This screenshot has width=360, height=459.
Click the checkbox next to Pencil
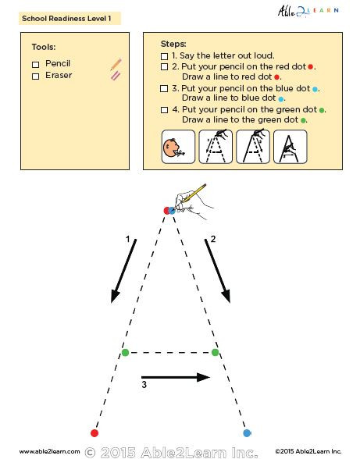pos(36,63)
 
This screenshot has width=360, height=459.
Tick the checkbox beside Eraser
pos(36,76)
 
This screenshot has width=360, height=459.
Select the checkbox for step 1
pos(164,56)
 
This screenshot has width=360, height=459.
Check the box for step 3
pos(164,89)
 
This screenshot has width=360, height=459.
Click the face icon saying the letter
pos(177,146)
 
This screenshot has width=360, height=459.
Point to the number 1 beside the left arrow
pos(127,239)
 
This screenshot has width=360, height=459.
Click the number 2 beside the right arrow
pos(212,239)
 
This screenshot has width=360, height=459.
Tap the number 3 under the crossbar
pos(144,384)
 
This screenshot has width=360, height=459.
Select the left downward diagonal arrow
pos(123,271)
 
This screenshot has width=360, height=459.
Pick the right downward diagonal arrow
pos(218,271)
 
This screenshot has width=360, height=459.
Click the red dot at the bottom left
pos(94,432)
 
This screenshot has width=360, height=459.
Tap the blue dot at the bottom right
pos(247,432)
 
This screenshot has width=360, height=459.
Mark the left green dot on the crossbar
pos(125,353)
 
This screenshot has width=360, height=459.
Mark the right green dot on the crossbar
pos(216,353)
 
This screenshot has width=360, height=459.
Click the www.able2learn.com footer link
pos(49,451)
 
